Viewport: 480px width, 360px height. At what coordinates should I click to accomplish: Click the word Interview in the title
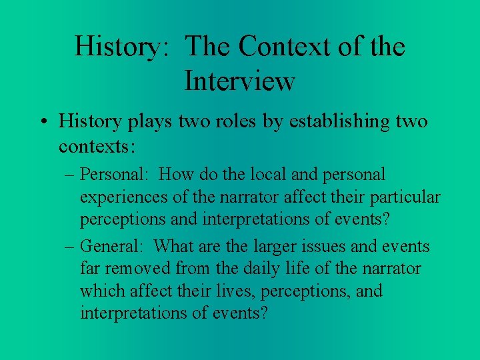pos(239,81)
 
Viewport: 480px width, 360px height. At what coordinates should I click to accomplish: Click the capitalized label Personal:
pos(114,175)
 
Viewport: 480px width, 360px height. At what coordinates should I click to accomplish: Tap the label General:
pos(112,247)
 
